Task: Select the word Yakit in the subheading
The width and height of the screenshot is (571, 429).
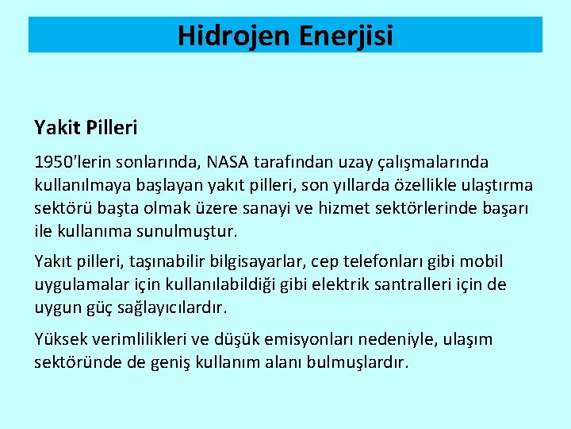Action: tap(54, 127)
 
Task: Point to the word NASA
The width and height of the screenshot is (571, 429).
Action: tap(228, 163)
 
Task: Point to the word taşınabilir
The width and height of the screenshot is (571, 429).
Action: tap(148, 261)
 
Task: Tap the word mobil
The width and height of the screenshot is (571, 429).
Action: tap(481, 261)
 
